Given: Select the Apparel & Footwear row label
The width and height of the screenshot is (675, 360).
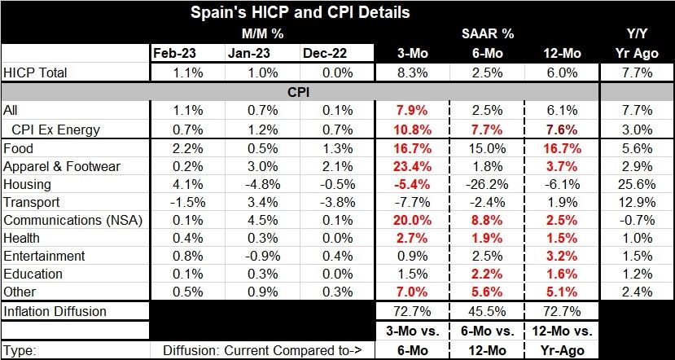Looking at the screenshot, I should [63, 167].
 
